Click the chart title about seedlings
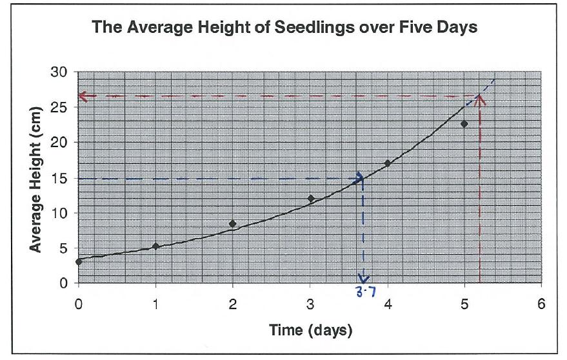284,28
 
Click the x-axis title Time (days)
310,332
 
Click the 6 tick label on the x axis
542,304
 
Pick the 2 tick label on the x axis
233,304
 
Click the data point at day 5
464,123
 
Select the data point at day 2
233,224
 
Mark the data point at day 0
79,261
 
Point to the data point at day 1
155,246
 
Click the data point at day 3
310,199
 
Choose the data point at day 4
388,163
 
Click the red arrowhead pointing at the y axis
82,95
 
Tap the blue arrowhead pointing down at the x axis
364,279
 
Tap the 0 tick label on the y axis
64,283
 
